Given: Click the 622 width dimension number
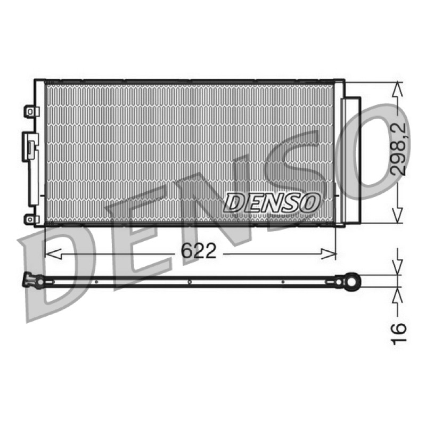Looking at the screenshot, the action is tap(198, 251).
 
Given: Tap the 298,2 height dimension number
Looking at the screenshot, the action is tap(397, 149).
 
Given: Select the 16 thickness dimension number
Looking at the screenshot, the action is tap(398, 334).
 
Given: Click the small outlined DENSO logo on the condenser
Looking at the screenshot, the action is tap(272, 202).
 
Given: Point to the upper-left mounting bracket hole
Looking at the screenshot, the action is tap(30, 112).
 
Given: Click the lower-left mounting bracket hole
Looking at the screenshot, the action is tap(30, 219).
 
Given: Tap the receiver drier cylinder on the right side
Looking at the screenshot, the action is tap(351, 160).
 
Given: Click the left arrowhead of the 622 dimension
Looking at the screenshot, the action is tap(53, 254).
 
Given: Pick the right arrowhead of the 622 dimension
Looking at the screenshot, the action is tap(328, 254).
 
